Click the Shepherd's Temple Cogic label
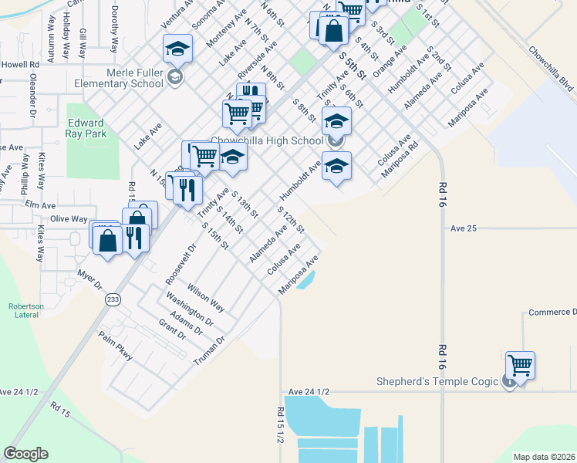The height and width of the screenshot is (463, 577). (438, 381)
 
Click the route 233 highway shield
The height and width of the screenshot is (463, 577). (113, 299)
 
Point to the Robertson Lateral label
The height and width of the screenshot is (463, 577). (25, 310)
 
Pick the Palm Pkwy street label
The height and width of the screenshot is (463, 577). (115, 346)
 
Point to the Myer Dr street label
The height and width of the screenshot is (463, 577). (90, 279)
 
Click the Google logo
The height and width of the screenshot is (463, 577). (25, 454)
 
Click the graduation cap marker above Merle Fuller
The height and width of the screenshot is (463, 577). (177, 49)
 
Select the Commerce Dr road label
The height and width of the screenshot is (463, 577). (552, 313)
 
